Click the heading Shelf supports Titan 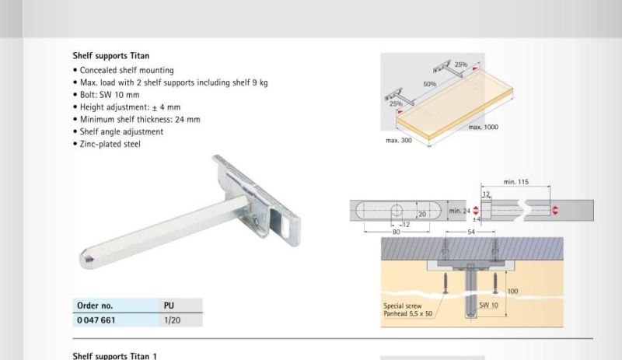click(111, 56)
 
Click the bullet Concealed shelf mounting click(127, 70)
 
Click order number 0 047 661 click(96, 320)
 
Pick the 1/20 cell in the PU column click(172, 320)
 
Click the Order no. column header click(95, 306)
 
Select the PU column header click(169, 306)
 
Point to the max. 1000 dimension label click(483, 127)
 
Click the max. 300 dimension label click(399, 141)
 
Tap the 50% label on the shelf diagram click(430, 84)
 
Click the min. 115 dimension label click(516, 182)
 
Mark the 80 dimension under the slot click(397, 232)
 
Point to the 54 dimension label click(471, 232)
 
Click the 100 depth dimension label click(513, 292)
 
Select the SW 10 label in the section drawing click(488, 306)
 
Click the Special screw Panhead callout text click(407, 309)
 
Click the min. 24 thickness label click(460, 211)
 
